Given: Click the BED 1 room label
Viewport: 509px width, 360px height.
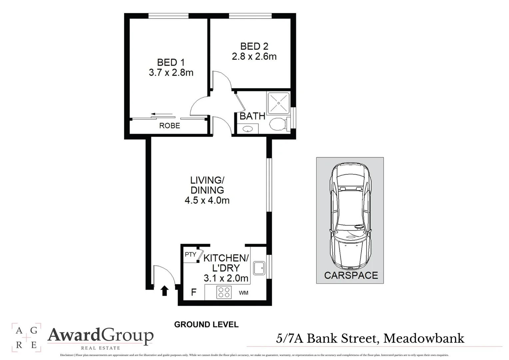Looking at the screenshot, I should click(x=171, y=62).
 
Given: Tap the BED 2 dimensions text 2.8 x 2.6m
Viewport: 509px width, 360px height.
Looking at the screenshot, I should click(x=254, y=57).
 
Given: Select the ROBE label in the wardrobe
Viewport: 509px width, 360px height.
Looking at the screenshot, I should click(x=170, y=126).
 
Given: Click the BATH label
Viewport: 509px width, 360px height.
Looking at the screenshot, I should click(x=253, y=116).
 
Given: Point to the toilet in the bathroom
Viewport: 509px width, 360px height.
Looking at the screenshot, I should click(x=278, y=125).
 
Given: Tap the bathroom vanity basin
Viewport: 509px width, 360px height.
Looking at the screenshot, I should click(x=248, y=128).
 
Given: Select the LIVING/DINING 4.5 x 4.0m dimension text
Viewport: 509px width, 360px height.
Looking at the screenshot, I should click(x=207, y=200).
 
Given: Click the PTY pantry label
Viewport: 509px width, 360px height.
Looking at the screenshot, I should click(x=190, y=255).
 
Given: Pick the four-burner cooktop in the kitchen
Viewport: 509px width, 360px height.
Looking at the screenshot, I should click(x=224, y=292).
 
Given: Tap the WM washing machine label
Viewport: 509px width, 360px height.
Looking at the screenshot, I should click(x=244, y=293).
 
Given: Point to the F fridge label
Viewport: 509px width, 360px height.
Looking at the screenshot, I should click(x=193, y=292).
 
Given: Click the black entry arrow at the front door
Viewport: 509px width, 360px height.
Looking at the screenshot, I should click(x=165, y=291).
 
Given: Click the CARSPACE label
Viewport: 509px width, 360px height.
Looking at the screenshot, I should click(x=351, y=275).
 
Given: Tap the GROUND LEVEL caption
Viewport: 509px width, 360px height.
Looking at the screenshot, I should click(x=207, y=324).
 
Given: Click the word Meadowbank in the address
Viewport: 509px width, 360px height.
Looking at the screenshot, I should click(x=424, y=339).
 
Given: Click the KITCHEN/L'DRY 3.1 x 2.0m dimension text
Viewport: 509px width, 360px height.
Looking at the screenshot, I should click(x=226, y=278).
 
